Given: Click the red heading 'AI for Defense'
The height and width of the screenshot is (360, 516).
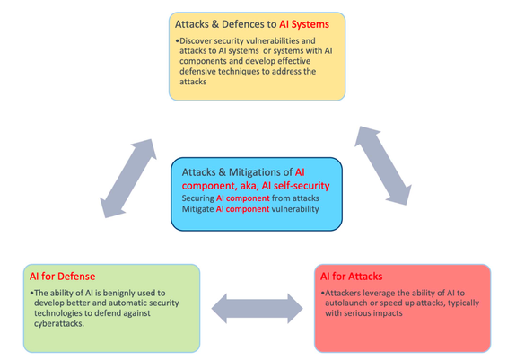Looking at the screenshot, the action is (62, 277).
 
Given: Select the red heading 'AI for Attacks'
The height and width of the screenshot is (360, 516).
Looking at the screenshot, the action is (351, 277).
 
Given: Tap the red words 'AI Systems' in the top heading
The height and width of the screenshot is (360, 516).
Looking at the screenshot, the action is (304, 24).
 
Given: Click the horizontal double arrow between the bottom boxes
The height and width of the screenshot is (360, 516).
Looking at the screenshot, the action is (257, 308).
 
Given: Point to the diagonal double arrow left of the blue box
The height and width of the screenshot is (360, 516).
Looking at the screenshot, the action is (128, 178).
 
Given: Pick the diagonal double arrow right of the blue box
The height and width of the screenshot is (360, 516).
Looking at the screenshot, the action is (383, 165).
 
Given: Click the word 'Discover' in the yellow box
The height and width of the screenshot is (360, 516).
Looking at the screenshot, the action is (195, 40).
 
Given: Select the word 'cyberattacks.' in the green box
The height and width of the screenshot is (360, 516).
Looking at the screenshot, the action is (59, 323).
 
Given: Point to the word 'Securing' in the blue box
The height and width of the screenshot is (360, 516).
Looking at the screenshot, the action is (197, 198).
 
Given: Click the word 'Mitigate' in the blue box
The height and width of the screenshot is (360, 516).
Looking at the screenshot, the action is (197, 209).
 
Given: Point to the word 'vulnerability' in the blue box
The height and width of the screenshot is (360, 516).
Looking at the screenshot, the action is (295, 209).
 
